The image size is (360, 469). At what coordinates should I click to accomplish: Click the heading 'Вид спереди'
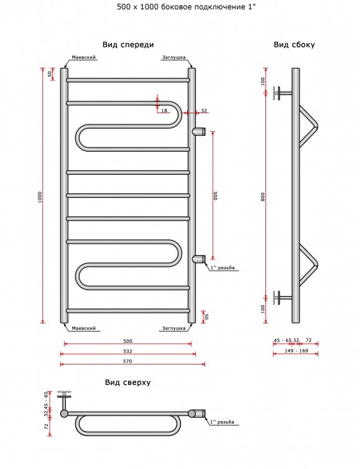128,45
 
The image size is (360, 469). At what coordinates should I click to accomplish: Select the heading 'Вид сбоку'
294,45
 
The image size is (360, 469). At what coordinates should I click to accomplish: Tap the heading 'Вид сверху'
127,383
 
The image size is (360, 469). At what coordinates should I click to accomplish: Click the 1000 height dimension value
40,197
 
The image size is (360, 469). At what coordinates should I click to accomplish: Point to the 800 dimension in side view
263,197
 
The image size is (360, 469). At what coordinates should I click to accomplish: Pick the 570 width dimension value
127,361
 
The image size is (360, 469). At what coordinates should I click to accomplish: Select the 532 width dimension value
127,351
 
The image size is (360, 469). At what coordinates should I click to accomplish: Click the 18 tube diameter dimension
164,111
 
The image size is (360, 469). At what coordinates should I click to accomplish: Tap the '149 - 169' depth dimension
297,351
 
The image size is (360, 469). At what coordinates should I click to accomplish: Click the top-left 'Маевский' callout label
84,57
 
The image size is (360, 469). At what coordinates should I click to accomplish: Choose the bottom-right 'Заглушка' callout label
173,328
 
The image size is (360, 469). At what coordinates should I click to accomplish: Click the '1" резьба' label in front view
223,267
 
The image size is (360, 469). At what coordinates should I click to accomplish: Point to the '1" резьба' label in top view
222,422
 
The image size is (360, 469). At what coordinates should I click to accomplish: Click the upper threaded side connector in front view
199,131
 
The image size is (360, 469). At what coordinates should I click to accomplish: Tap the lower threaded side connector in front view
199,259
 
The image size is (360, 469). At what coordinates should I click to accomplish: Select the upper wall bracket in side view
282,93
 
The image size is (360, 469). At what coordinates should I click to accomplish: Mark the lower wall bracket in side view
282,297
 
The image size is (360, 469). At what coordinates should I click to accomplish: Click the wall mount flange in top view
64,394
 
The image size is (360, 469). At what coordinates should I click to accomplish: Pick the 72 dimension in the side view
308,340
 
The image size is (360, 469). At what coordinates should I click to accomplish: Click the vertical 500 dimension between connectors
216,195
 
